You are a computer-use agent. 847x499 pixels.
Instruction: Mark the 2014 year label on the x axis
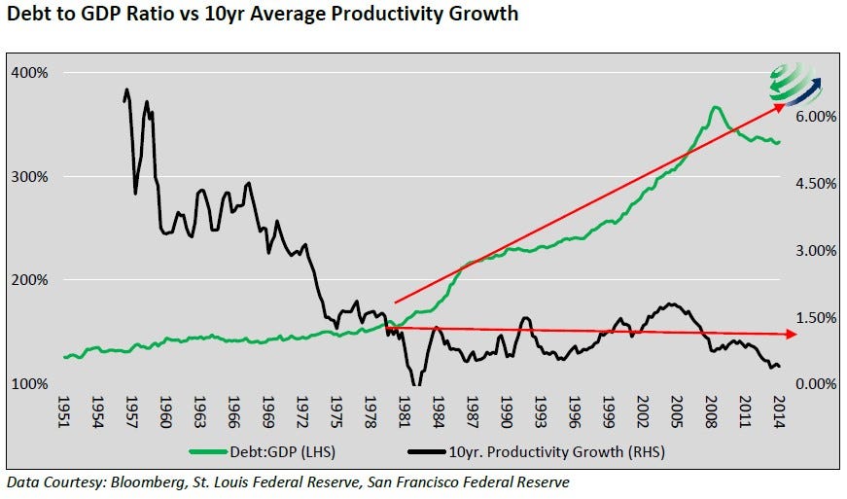[778, 408]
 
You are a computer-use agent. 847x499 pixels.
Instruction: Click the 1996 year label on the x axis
[575, 408]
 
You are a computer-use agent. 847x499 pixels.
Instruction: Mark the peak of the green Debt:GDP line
[715, 107]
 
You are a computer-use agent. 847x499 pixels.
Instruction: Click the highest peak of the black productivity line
[126, 89]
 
